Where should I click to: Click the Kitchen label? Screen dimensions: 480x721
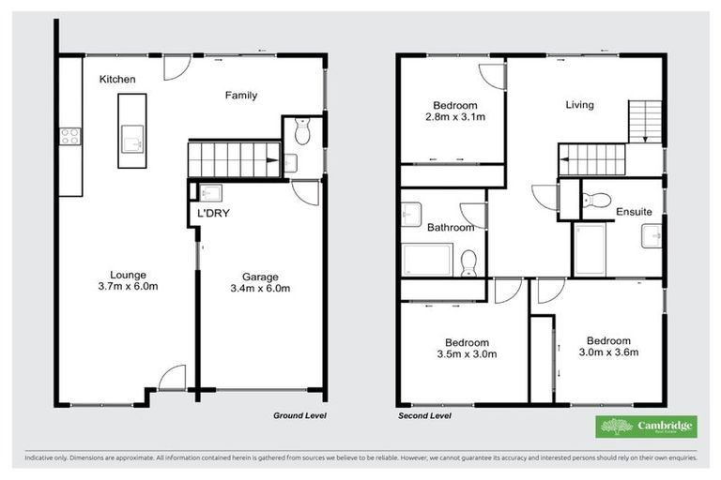tap(118, 80)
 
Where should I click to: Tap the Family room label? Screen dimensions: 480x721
tap(240, 95)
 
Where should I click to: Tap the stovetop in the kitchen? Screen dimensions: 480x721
tap(69, 139)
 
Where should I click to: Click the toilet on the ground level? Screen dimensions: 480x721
tap(300, 134)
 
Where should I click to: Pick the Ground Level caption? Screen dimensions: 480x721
tap(298, 414)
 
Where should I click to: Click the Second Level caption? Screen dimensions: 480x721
tap(425, 414)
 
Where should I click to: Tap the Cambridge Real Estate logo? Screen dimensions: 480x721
tap(647, 427)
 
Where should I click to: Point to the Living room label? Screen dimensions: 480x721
tap(579, 105)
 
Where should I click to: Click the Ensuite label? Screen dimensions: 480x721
tap(634, 213)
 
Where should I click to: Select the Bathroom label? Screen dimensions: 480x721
tap(450, 227)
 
